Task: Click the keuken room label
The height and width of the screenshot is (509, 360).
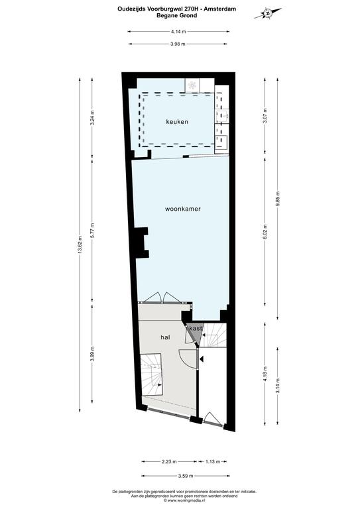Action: pos(177,122)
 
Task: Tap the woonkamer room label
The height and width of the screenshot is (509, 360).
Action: pos(183,209)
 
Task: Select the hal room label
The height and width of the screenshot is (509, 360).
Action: pos(165,337)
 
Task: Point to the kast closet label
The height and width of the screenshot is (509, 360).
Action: pos(196,328)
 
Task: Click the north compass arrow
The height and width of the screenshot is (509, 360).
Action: pos(268,14)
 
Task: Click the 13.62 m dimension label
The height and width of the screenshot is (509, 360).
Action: pos(80,245)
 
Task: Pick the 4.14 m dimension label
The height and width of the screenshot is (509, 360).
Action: pos(178,32)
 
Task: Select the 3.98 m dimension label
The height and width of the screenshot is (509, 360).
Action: pos(178,44)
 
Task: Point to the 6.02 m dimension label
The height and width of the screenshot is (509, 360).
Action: pos(265,232)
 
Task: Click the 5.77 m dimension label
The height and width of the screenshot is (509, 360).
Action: pos(92,231)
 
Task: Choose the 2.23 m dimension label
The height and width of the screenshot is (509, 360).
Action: pos(169,461)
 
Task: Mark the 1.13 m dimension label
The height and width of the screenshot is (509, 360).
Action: pos(213,461)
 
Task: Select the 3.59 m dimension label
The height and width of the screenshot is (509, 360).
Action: pos(186,476)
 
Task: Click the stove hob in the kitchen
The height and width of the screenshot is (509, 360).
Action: pos(192,85)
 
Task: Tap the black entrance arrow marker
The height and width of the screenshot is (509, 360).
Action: pos(202,359)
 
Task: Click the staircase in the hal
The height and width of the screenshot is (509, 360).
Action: pos(152,374)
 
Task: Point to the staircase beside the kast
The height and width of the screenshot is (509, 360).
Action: pos(214,335)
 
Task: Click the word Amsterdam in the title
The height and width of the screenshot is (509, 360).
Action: pos(219,9)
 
